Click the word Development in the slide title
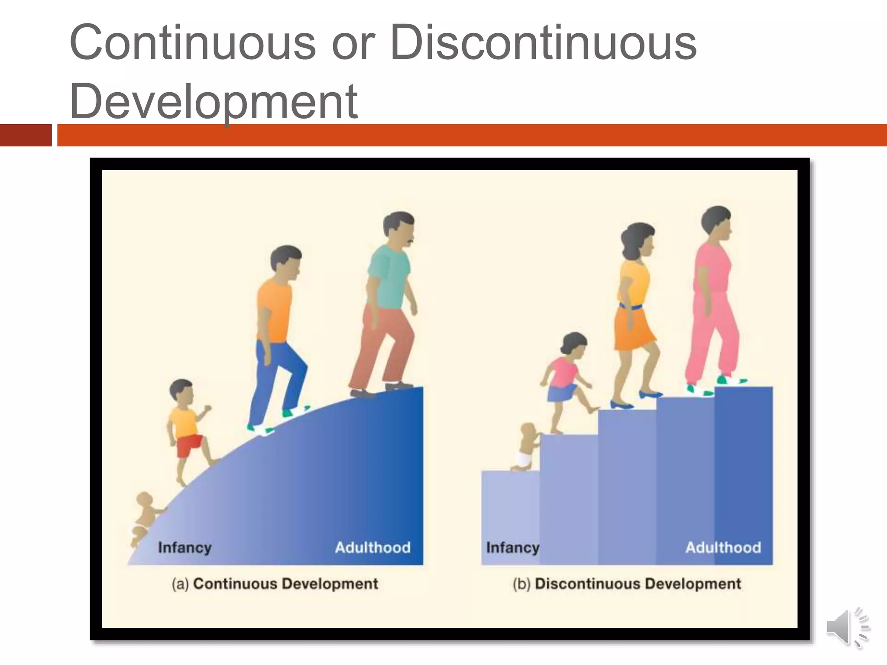click(214, 102)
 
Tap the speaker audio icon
click(847, 628)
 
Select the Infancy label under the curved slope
click(185, 548)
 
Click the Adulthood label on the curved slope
click(372, 548)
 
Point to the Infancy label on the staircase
click(513, 548)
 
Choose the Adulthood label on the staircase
click(723, 548)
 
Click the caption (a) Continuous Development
click(275, 584)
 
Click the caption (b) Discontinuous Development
click(627, 584)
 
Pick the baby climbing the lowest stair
click(525, 448)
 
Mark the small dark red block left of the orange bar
click(26, 135)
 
